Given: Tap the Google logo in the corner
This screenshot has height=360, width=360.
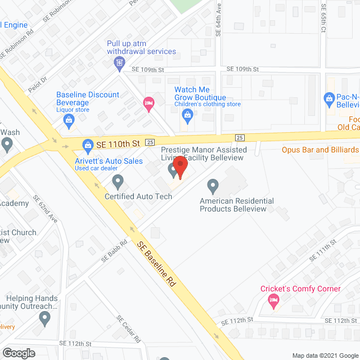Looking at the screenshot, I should pos(18,353).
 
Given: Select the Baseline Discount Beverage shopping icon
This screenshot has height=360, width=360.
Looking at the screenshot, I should pos(68,119).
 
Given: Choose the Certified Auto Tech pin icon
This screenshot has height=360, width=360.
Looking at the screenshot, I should pos(118,181).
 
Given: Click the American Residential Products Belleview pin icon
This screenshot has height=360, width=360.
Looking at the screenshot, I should pos(213,184).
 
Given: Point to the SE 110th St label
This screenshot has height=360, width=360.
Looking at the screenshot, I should pos(117,145).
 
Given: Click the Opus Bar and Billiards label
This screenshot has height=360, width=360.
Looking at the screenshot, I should pos(320,150).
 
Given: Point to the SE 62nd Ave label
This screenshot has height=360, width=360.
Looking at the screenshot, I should pos(46,208).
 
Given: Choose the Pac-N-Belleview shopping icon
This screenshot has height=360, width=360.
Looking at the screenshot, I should pos(330,100).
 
